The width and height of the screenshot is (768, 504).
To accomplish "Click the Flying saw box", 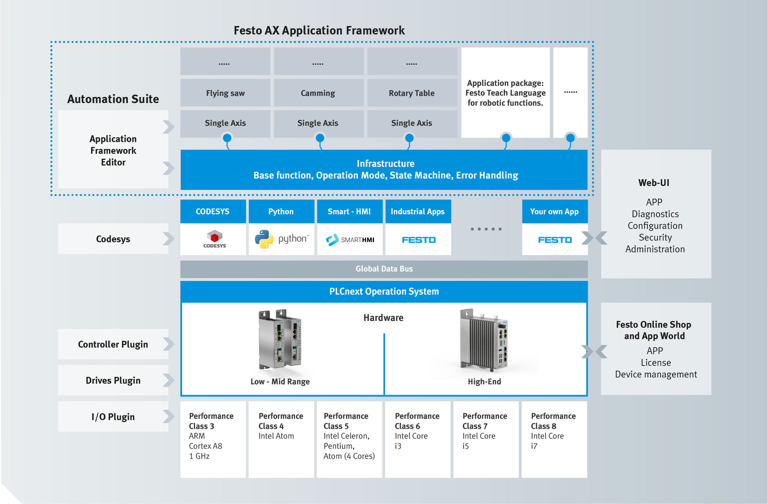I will (225, 93).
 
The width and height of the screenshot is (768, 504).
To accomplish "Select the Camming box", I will (318, 93).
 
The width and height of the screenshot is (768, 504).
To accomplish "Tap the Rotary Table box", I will (412, 93).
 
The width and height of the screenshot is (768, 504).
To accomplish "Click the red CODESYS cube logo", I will (214, 236).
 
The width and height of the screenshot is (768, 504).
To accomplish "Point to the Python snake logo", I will (264, 239).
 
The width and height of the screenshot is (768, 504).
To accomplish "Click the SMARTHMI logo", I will (350, 240).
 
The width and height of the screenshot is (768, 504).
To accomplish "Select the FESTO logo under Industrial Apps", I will (419, 240).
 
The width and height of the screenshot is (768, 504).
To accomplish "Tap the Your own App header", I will (555, 211).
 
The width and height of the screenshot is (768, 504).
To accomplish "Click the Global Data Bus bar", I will (384, 269).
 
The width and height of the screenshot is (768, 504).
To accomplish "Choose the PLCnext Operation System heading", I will (384, 291).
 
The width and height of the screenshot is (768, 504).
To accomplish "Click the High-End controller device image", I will (484, 340).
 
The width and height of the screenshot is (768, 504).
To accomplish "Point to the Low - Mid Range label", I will (280, 381).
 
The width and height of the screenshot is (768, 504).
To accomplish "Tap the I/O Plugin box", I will (113, 417).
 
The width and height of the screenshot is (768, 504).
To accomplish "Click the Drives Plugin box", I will (113, 380).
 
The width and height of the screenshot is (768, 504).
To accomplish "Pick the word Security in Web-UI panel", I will (655, 237).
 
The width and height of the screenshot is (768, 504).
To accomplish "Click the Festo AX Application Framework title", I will (319, 31).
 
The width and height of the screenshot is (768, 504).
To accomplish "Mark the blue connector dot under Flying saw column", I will (227, 138).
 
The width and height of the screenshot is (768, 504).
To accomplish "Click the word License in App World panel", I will (656, 363).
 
